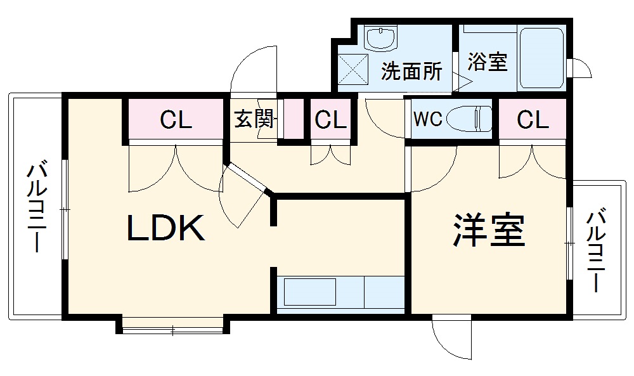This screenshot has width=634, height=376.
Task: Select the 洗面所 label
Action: coord(411,72)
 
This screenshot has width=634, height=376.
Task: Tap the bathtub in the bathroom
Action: coord(541,59)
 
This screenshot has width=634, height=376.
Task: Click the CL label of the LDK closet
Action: coord(176,119)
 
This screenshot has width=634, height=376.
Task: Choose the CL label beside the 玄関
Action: coord(330,119)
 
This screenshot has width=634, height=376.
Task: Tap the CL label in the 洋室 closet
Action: coord(533,119)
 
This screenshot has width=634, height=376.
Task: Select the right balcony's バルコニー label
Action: coord(596,250)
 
